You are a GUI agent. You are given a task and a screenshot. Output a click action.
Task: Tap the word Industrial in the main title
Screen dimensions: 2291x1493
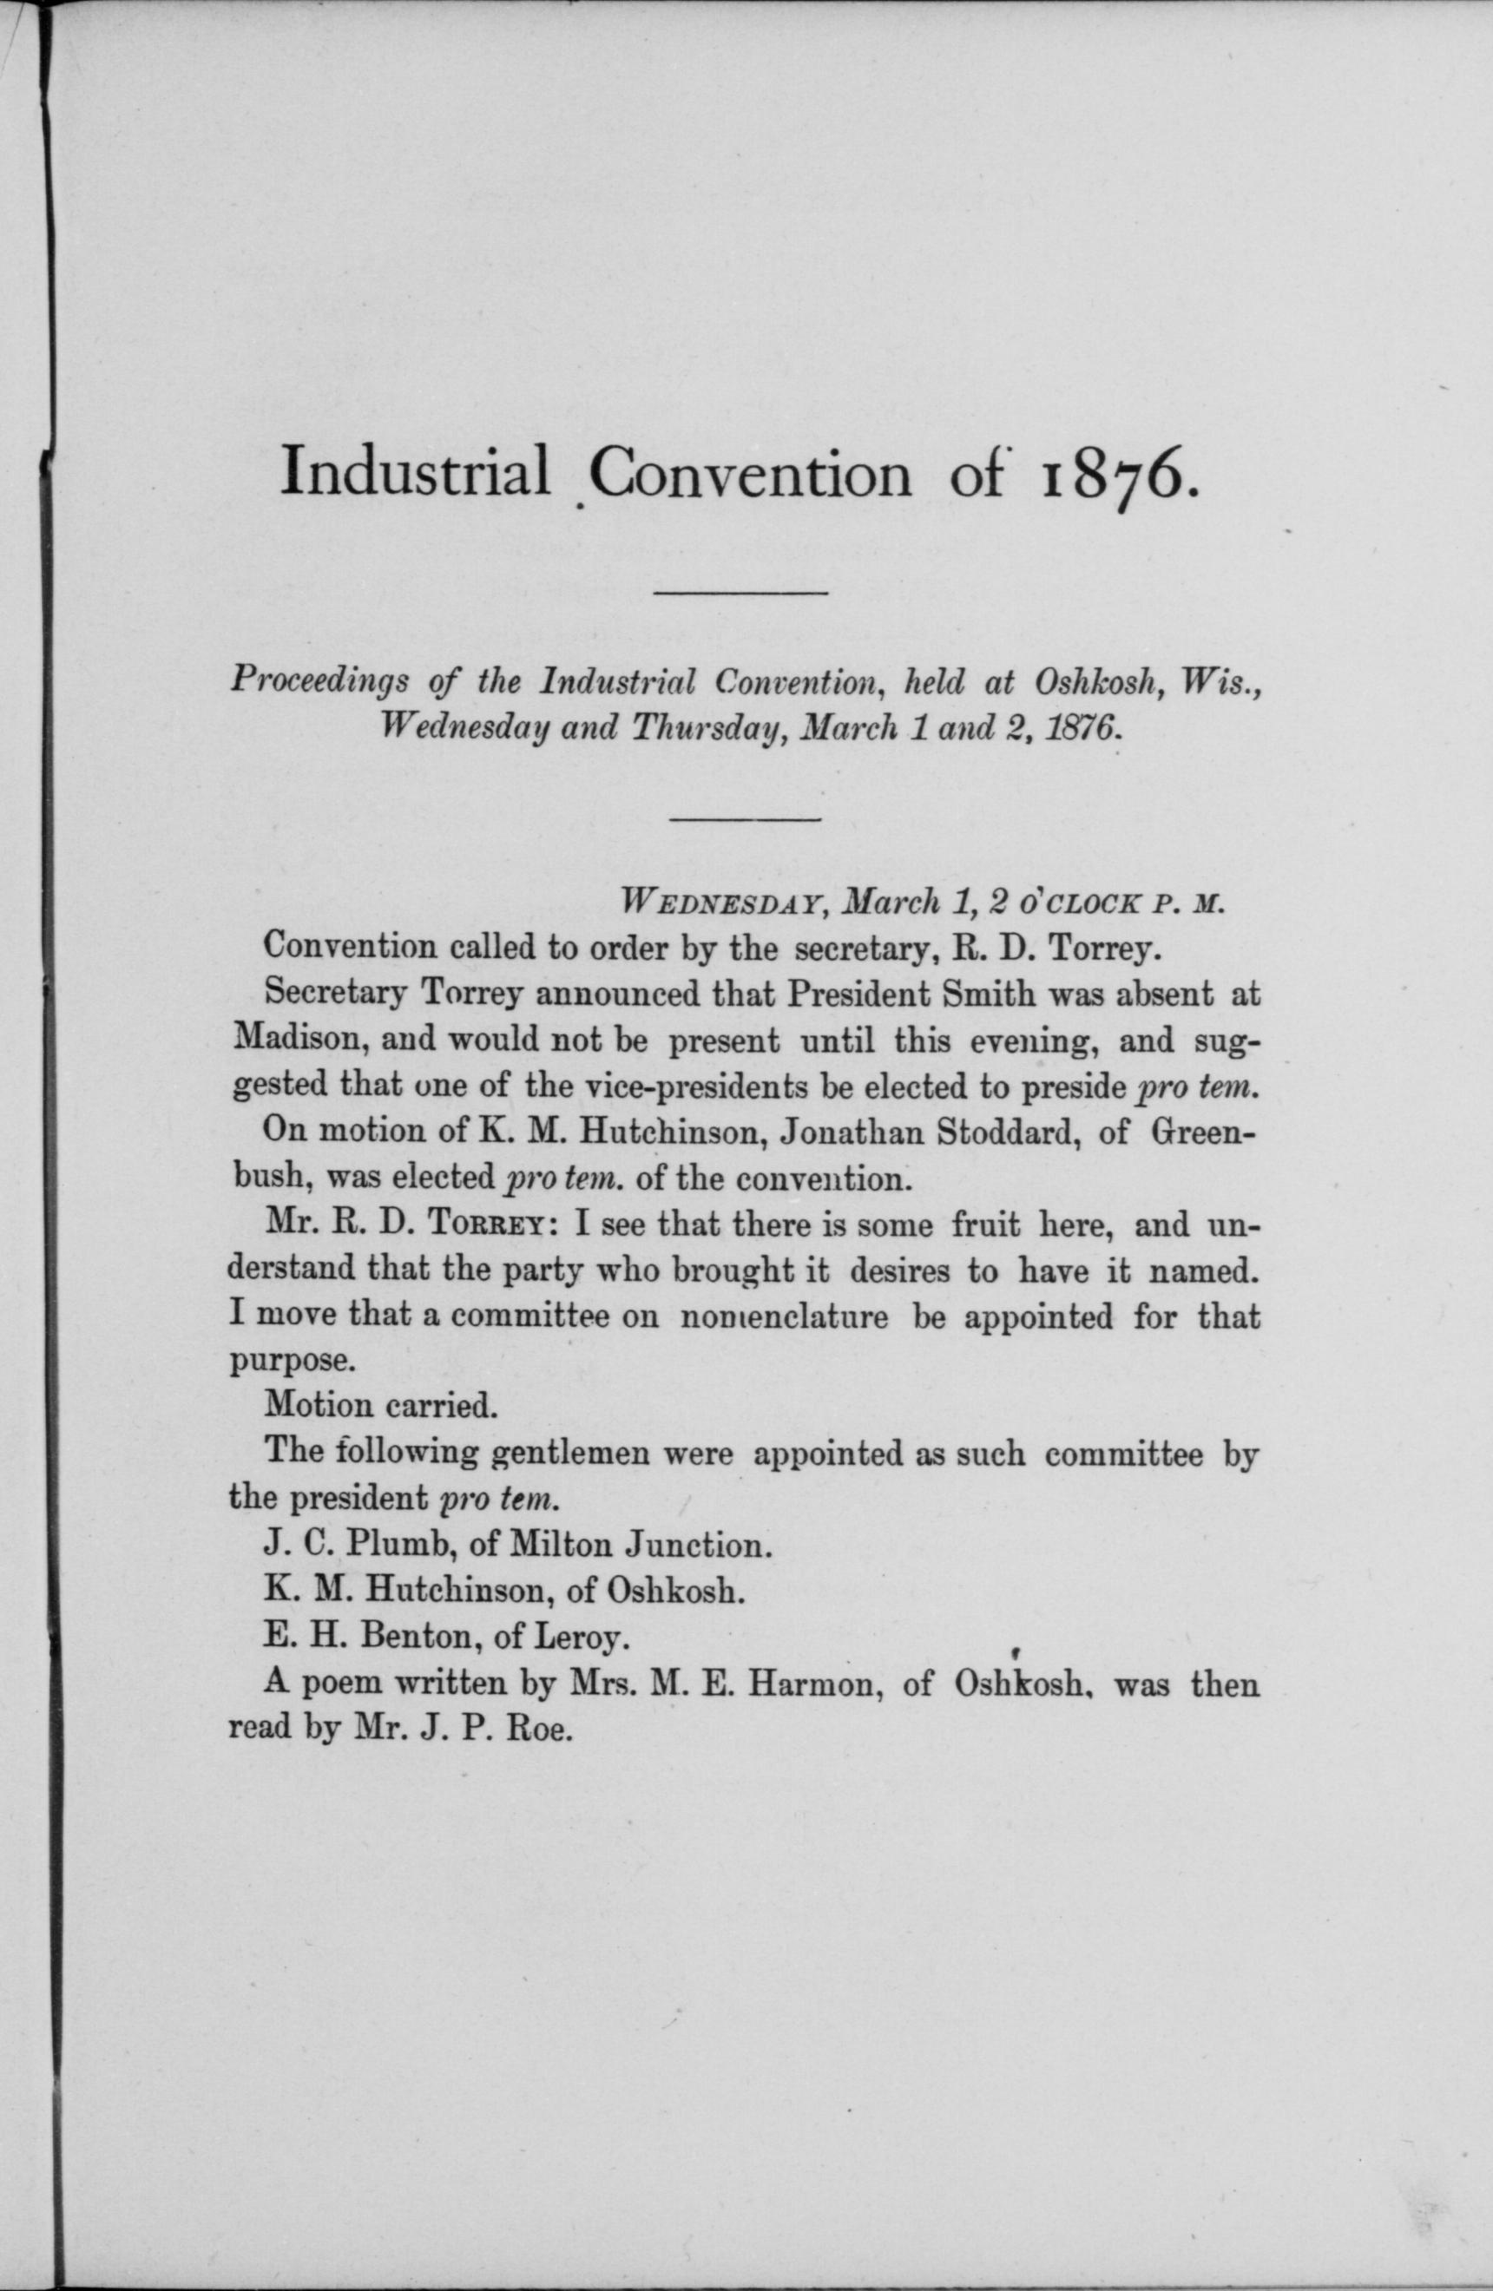415,472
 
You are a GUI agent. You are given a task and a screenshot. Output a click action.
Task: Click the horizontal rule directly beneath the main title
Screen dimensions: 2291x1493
740,591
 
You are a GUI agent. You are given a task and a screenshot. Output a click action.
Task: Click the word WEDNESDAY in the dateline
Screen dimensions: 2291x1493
722,903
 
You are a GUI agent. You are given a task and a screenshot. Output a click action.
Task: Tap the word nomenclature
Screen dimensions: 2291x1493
784,1316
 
